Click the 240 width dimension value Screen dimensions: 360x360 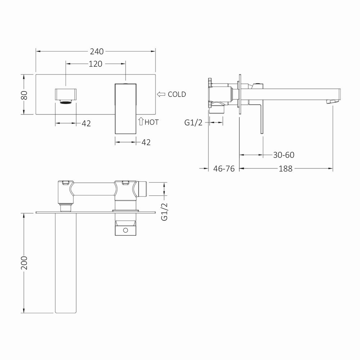tap(96, 51)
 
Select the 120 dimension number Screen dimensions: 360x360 tap(95, 64)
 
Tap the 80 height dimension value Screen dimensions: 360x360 tap(24, 95)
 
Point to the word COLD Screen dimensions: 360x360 tap(177, 94)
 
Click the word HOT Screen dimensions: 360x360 tap(152, 122)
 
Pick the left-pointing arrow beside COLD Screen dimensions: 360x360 tap(161, 94)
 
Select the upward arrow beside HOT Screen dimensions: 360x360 tap(141, 121)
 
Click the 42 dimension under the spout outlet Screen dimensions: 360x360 tap(86, 123)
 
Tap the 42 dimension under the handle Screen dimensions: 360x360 tap(146, 142)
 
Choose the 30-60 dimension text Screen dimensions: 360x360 tap(284, 155)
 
